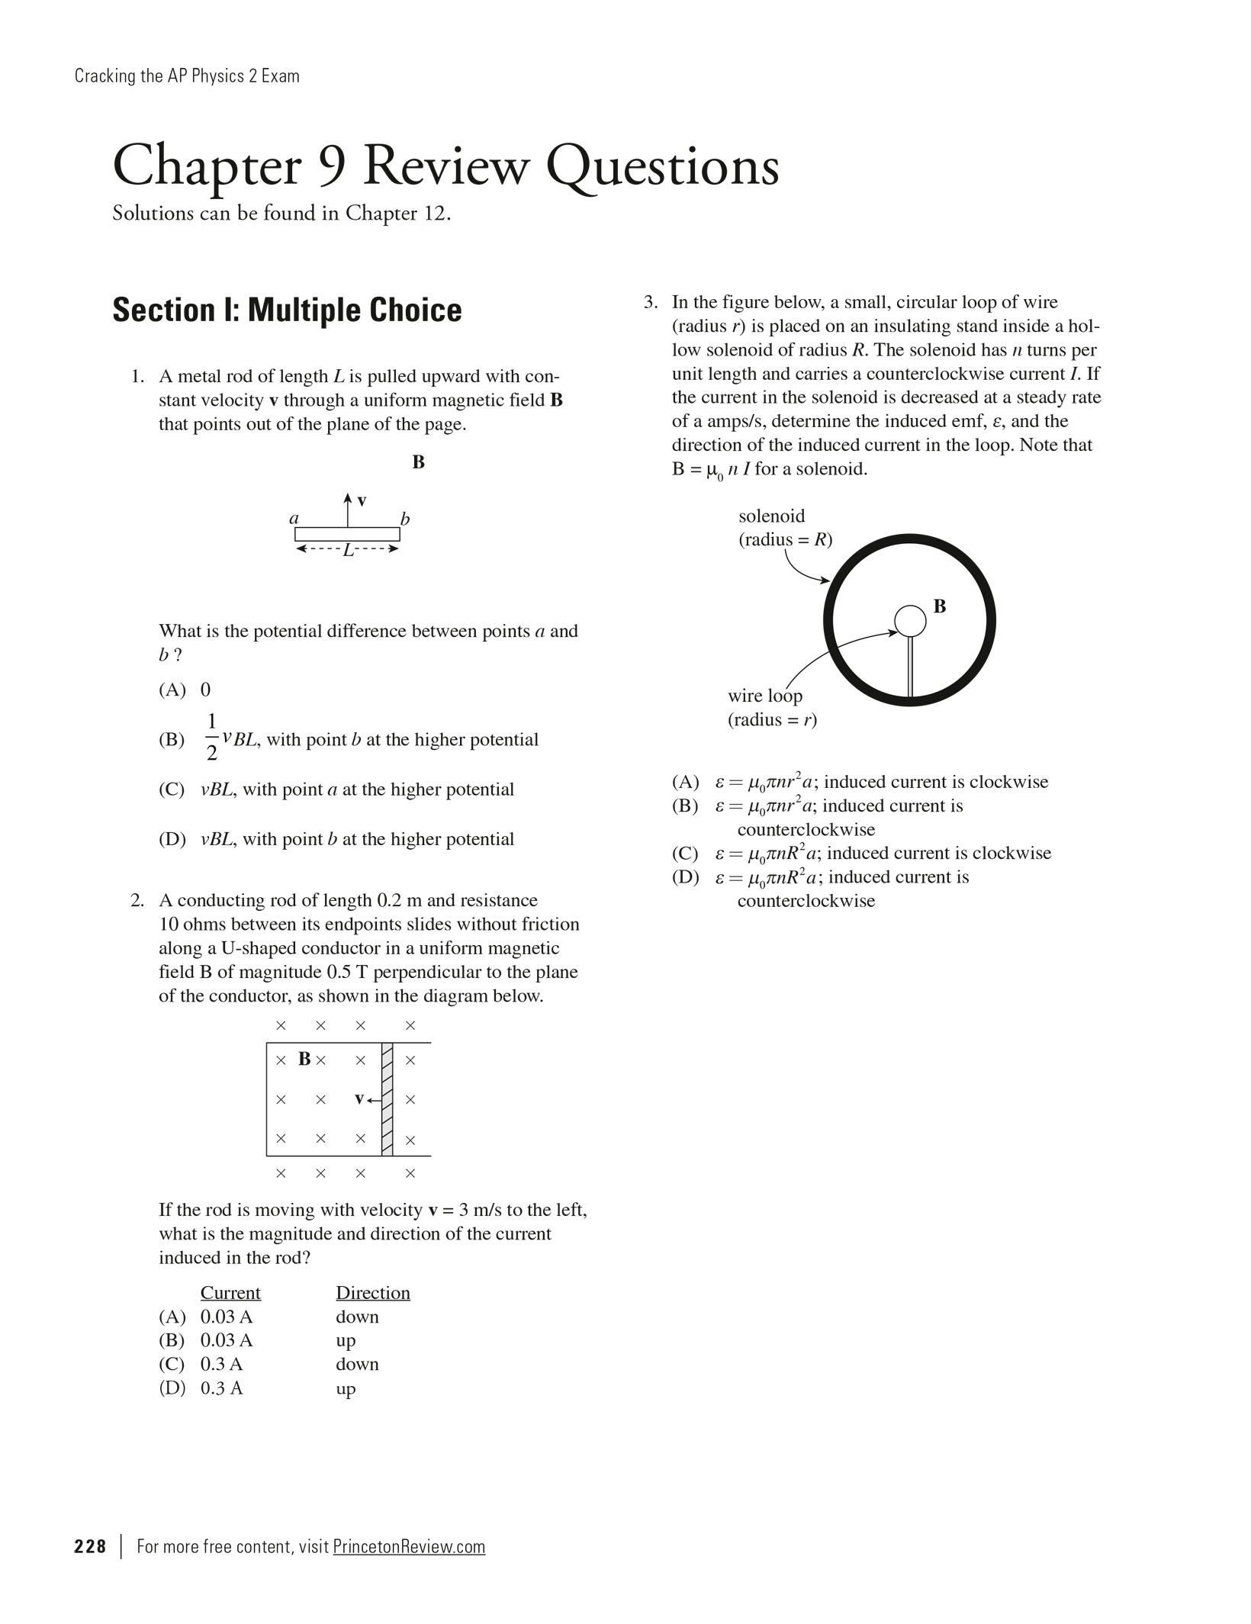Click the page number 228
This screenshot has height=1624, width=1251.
click(x=90, y=1546)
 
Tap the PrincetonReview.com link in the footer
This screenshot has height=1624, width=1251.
click(x=409, y=1546)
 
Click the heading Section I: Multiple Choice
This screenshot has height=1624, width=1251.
click(x=287, y=310)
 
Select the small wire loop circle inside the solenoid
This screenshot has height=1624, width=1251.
click(x=909, y=621)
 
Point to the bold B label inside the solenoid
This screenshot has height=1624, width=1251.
click(x=940, y=606)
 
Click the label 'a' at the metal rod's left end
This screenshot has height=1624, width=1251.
click(x=294, y=518)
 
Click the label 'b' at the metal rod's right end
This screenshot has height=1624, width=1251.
click(x=405, y=519)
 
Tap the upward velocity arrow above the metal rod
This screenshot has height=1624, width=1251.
click(x=348, y=509)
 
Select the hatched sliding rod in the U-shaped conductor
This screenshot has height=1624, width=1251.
click(x=387, y=1099)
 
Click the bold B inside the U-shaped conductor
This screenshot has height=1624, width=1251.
click(x=304, y=1059)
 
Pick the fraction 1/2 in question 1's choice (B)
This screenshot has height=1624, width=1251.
click(x=211, y=737)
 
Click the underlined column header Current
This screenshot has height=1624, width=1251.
click(x=230, y=1293)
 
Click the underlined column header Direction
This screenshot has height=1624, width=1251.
click(x=373, y=1293)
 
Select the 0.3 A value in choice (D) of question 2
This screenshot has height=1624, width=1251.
click(x=221, y=1388)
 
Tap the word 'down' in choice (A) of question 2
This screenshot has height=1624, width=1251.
click(x=357, y=1317)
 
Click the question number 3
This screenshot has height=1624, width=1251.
click(x=650, y=302)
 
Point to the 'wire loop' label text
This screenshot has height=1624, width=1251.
click(x=765, y=696)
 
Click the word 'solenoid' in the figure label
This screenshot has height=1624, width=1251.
click(x=771, y=516)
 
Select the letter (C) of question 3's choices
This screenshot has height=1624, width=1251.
click(x=685, y=853)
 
